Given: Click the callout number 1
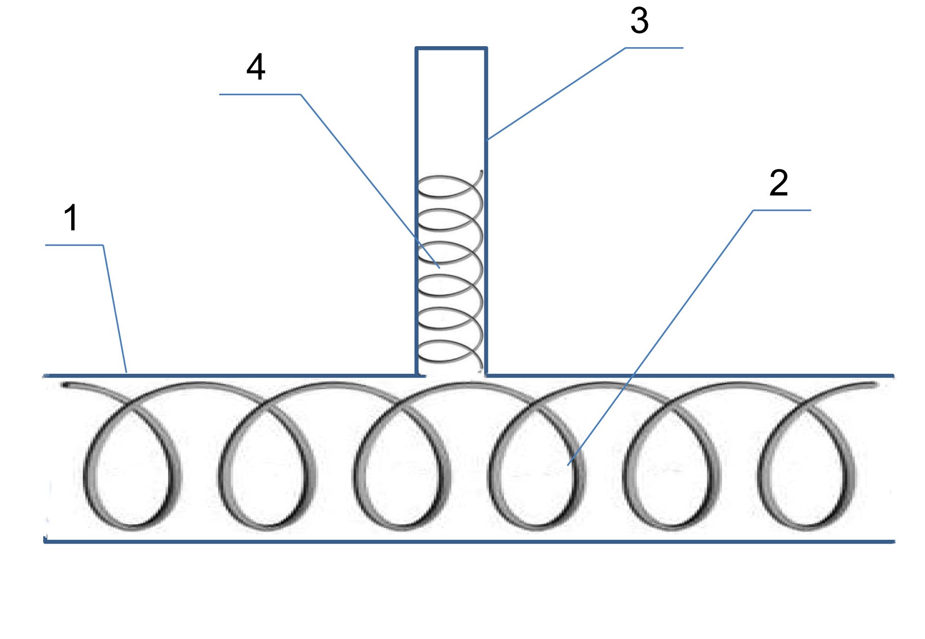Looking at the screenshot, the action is [71, 218].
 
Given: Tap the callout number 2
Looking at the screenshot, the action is [779, 183].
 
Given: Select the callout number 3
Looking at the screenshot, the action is [640, 21].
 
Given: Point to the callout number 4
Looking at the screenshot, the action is [256, 67].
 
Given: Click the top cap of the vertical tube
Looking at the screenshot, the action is [451, 48].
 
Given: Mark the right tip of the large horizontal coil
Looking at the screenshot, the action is [874, 385].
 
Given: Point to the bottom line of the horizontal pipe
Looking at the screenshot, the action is [469, 542].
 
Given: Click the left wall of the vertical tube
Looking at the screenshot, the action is [417, 211].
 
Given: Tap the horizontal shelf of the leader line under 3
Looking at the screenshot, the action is [654, 48].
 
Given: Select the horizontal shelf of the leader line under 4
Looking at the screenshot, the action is [260, 94].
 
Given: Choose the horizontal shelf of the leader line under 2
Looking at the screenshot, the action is [782, 210].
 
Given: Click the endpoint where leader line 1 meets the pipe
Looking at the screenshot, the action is [126, 373].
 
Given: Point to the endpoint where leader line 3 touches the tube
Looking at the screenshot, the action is [488, 140].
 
